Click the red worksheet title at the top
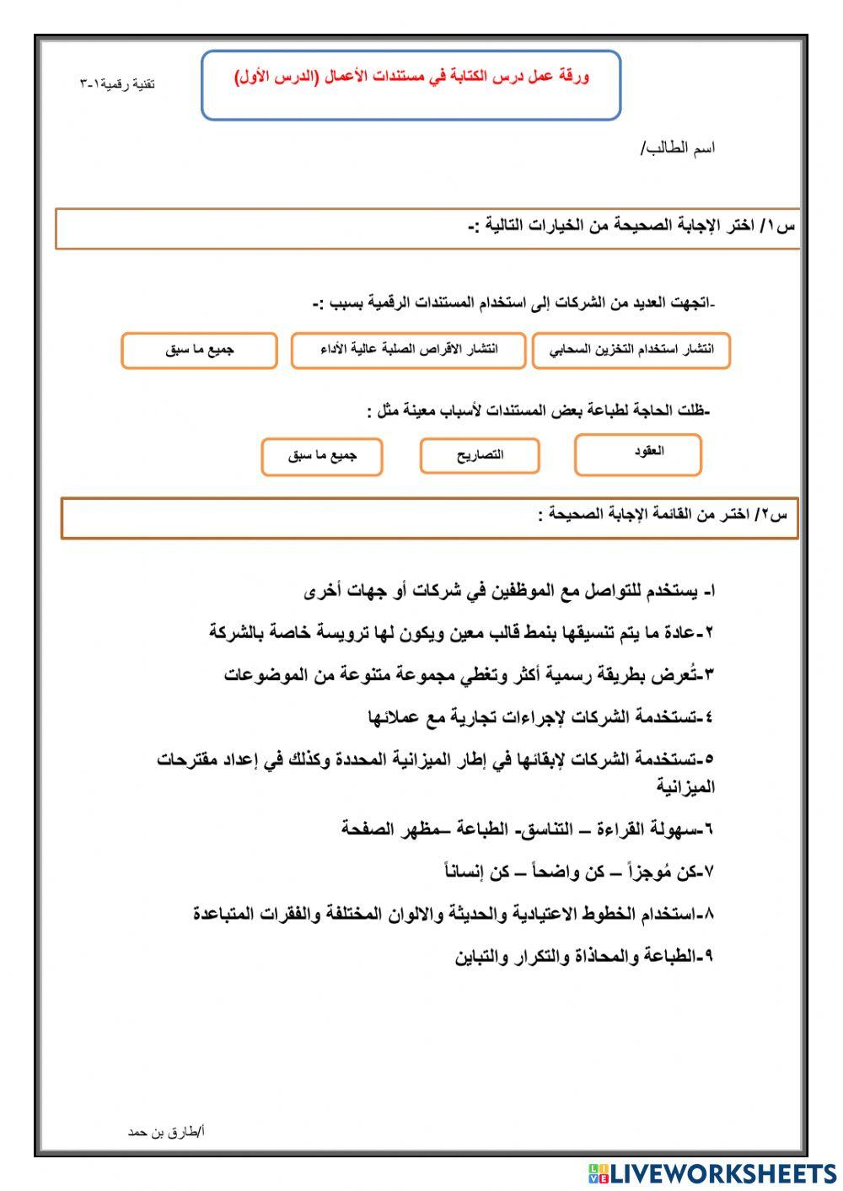click(411, 78)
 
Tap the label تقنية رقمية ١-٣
click(117, 84)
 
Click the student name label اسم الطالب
click(678, 148)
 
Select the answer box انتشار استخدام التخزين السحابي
click(631, 350)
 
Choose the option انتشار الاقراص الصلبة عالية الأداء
click(409, 350)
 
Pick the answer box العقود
click(638, 453)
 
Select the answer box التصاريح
click(480, 455)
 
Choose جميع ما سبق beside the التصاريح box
click(322, 456)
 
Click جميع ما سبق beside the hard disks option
click(199, 350)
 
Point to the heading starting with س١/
click(631, 227)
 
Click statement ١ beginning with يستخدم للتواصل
click(509, 592)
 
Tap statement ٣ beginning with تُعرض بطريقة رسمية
click(469, 674)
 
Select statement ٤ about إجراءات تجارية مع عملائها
click(540, 717)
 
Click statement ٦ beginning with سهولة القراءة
click(527, 829)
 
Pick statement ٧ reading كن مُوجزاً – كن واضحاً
click(578, 872)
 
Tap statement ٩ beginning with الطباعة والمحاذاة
click(583, 957)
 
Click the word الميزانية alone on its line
click(685, 787)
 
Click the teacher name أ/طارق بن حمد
click(166, 1132)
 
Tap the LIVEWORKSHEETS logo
click(712, 1172)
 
